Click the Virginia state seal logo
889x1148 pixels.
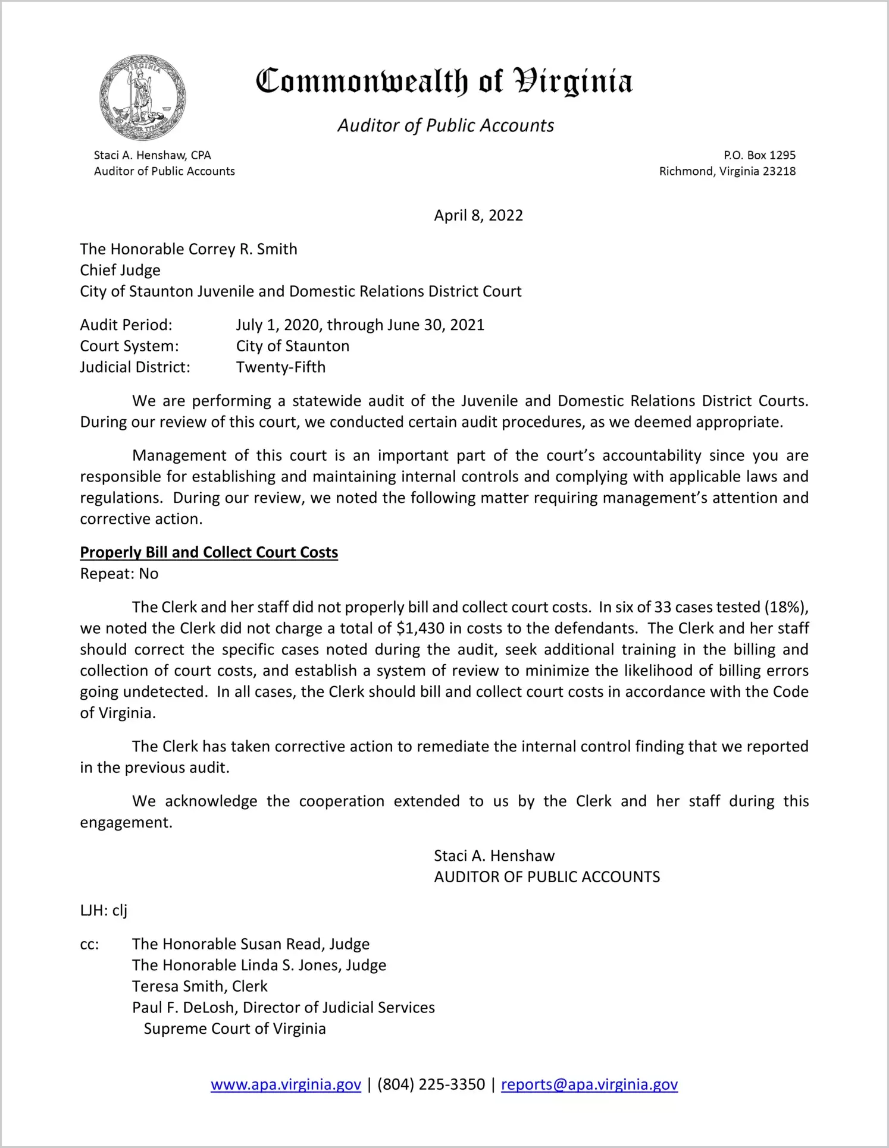pyautogui.click(x=142, y=97)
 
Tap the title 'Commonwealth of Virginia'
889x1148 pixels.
pyautogui.click(x=444, y=81)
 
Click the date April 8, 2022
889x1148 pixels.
pyautogui.click(x=478, y=215)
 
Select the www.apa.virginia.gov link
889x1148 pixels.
pyautogui.click(x=286, y=1084)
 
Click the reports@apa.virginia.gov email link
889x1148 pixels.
pyautogui.click(x=589, y=1084)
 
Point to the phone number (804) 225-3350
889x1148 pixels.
pyautogui.click(x=431, y=1084)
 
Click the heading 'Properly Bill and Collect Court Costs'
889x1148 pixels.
pyautogui.click(x=209, y=552)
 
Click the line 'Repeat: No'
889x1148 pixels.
pyautogui.click(x=119, y=574)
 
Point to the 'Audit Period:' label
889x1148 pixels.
pyautogui.click(x=126, y=325)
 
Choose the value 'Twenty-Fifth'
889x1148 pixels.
pyautogui.click(x=281, y=367)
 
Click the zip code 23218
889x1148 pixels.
pyautogui.click(x=779, y=171)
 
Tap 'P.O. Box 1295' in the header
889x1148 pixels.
pyautogui.click(x=759, y=155)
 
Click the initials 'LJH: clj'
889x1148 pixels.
pyautogui.click(x=104, y=911)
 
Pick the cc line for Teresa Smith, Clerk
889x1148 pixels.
pyautogui.click(x=199, y=986)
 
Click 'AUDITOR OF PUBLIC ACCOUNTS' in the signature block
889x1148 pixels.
pyautogui.click(x=547, y=877)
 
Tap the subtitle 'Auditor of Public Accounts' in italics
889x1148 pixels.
pyautogui.click(x=446, y=125)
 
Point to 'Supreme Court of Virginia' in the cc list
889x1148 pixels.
pyautogui.click(x=234, y=1029)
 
